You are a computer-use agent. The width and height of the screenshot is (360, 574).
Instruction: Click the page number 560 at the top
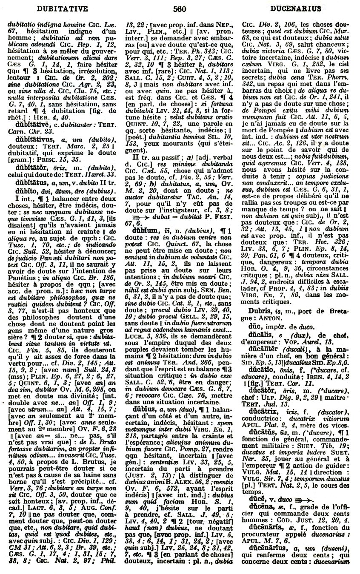click(x=180, y=8)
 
